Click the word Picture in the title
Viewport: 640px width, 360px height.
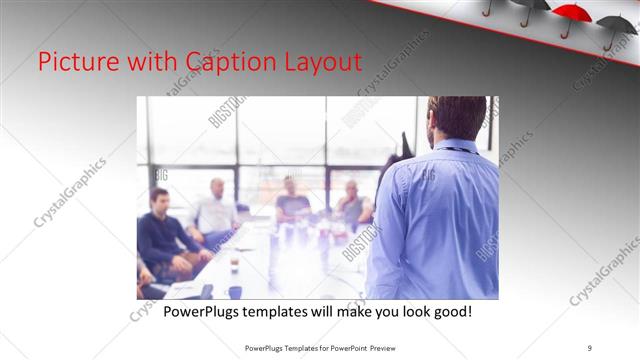coord(74,62)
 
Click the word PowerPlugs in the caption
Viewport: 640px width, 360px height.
coord(207,312)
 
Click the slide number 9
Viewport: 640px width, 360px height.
coord(590,348)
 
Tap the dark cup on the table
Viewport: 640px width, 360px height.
coord(234,292)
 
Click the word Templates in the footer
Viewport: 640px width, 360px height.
coord(297,348)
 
